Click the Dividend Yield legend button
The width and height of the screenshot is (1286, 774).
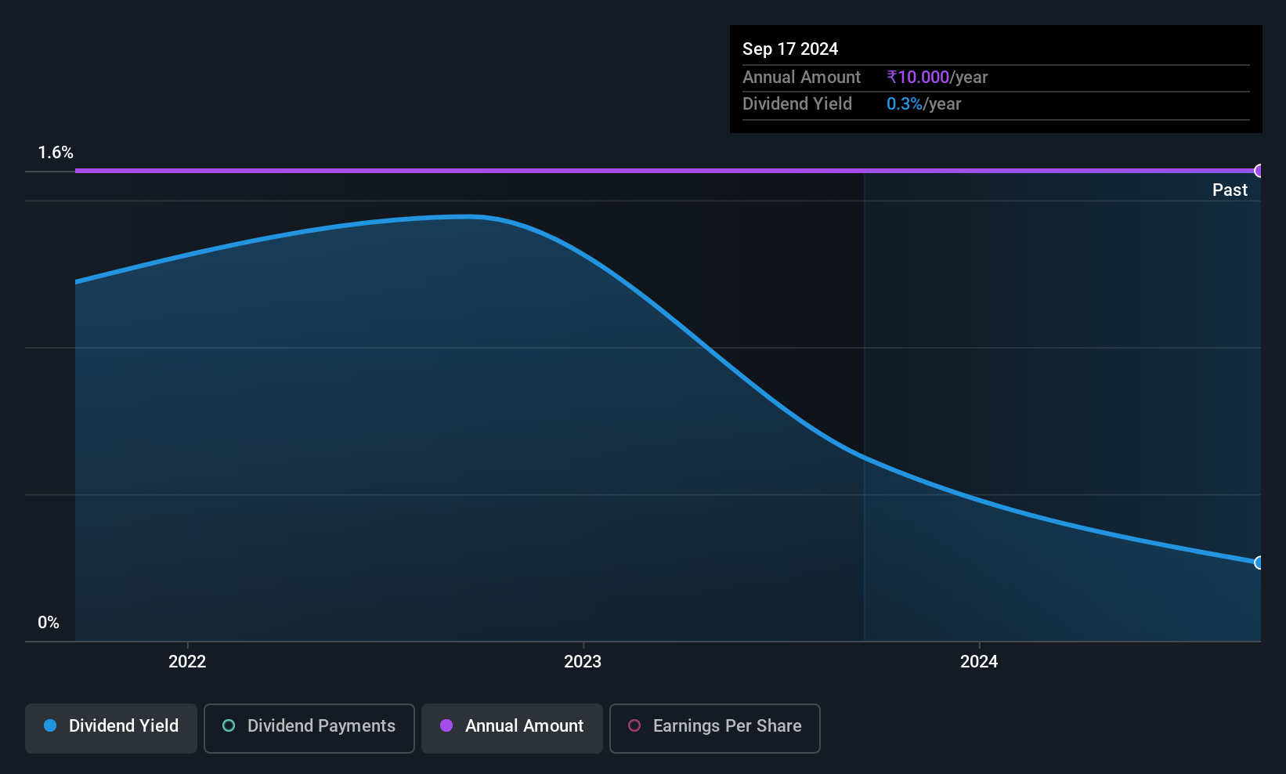pos(110,728)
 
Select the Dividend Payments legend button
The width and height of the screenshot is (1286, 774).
pos(309,728)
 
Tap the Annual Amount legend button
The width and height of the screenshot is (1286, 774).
pos(512,728)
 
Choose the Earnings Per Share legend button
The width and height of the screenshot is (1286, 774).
pos(715,728)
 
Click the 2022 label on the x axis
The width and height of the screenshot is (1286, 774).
pos(187,661)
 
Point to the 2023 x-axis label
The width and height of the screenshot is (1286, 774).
pos(583,661)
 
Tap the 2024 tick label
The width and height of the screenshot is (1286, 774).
pos(979,661)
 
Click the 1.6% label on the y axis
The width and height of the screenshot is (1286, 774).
pos(56,153)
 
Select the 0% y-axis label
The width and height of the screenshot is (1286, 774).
pos(49,623)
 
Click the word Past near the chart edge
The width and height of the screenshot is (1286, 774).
pos(1230,190)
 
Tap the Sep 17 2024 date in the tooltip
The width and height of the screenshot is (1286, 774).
pos(790,49)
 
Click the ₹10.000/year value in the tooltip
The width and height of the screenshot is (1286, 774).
pos(937,77)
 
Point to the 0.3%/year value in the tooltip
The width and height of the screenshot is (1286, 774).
pos(923,104)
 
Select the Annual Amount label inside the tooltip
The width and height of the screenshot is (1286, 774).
pos(801,77)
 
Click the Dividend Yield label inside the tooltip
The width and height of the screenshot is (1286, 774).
pos(797,104)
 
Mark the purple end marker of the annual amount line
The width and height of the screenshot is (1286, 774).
pos(1258,171)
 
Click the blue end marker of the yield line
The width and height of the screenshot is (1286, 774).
pos(1258,562)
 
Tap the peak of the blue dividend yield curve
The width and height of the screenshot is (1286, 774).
pos(468,216)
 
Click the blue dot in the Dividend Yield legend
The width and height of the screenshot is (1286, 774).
pos(51,725)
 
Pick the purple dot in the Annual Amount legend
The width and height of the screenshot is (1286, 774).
pos(446,725)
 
